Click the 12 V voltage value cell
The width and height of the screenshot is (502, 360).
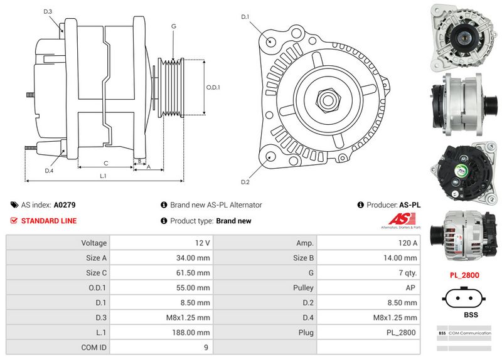point(203,243)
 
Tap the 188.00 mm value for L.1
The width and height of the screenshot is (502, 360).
point(193,332)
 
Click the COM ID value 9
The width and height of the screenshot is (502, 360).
point(207,346)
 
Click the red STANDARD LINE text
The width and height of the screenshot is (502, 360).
point(49,221)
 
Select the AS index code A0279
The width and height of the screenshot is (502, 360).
point(65,205)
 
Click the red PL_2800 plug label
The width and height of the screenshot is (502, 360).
point(464,275)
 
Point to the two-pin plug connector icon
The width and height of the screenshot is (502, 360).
point(464,297)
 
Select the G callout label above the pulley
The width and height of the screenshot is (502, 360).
point(173,27)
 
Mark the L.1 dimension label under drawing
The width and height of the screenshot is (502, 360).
point(103,176)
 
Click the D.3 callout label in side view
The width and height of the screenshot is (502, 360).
point(48,11)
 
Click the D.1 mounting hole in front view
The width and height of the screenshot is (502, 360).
point(271,41)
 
